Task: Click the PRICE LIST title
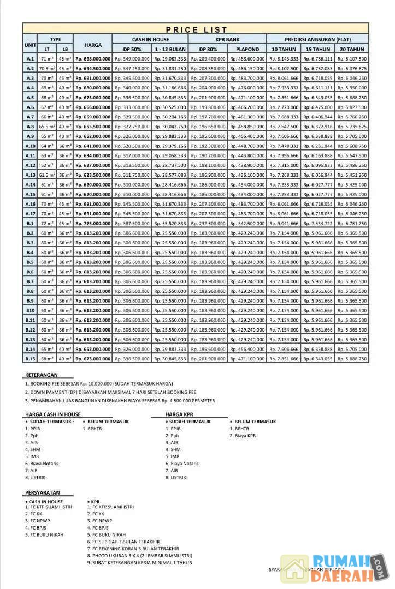pyautogui.click(x=197, y=29)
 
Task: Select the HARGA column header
pyautogui.click(x=93, y=44)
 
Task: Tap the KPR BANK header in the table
pyautogui.click(x=227, y=39)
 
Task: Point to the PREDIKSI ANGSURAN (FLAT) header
pyautogui.click(x=317, y=39)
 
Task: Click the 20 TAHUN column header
pyautogui.click(x=352, y=49)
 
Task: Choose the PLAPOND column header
pyautogui.click(x=247, y=49)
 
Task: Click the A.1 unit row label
pyautogui.click(x=30, y=59)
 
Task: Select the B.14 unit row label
pyautogui.click(x=30, y=349)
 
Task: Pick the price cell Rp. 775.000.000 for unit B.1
pyautogui.click(x=93, y=223)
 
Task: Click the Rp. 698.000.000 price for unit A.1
pyautogui.click(x=93, y=59)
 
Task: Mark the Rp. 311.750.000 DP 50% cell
pyautogui.click(x=132, y=175)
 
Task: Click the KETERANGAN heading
pyautogui.click(x=41, y=375)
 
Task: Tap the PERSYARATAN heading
pyautogui.click(x=42, y=492)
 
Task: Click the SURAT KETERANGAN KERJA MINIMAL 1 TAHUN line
pyautogui.click(x=140, y=563)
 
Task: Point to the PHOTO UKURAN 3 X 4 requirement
pyautogui.click(x=140, y=556)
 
